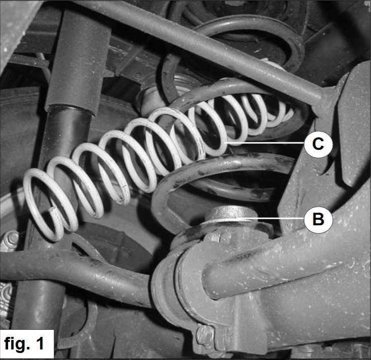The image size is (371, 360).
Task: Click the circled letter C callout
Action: [318, 144]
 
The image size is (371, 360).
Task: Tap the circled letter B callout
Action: [318, 219]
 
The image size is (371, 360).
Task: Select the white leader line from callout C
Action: [264, 143]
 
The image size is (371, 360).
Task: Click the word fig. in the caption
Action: [16, 343]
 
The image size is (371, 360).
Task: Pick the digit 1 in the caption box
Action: [40, 343]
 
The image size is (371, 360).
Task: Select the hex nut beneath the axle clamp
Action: [204, 331]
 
